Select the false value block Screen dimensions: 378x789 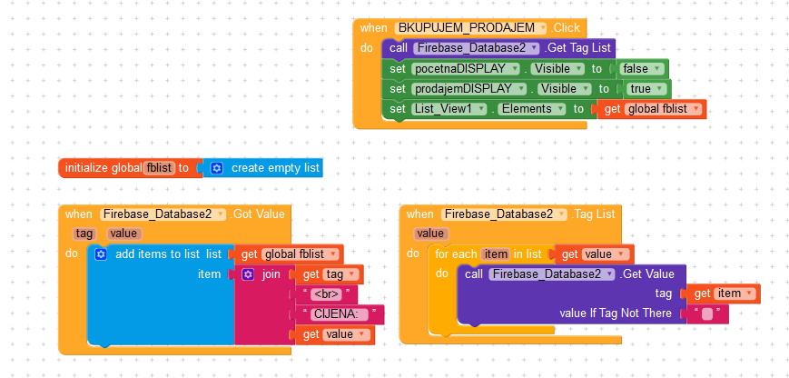click(642, 68)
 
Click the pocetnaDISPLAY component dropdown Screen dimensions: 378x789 click(466, 68)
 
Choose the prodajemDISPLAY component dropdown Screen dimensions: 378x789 click(469, 89)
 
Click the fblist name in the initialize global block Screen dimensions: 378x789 click(160, 168)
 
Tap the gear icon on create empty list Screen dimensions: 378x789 click(216, 168)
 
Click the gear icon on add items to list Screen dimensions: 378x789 click(101, 254)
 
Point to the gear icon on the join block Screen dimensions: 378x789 click(248, 274)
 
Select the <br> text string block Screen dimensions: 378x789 click(326, 294)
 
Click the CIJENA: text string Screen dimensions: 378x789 click(340, 314)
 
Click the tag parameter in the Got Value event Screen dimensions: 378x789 click(84, 234)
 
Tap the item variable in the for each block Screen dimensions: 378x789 click(495, 254)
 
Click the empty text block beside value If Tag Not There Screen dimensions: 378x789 click(707, 313)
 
